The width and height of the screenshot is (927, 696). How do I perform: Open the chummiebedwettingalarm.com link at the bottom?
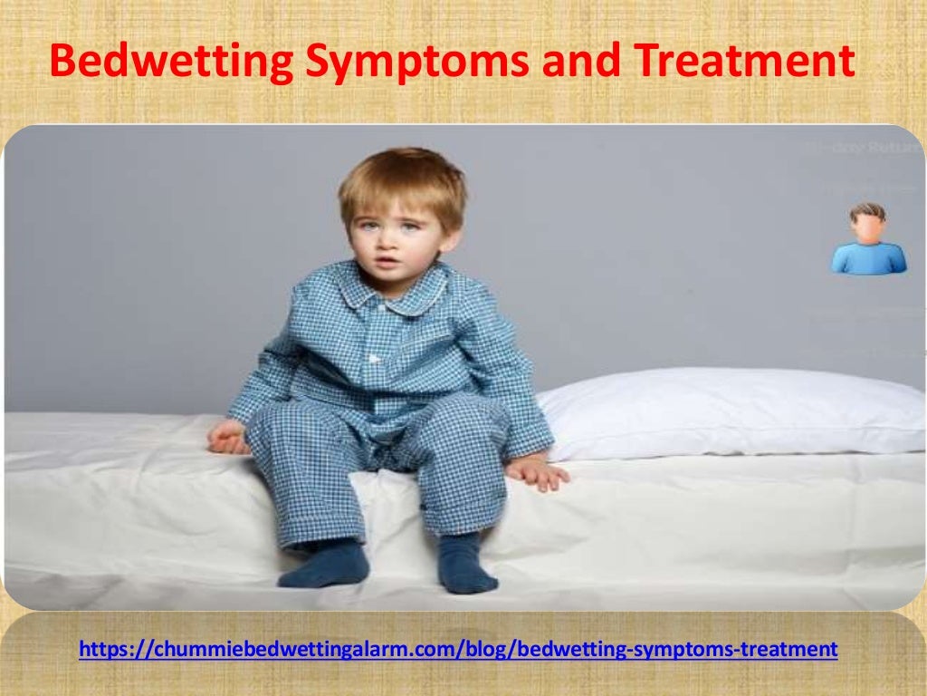tap(458, 649)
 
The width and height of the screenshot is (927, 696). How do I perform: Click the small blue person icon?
tap(868, 239)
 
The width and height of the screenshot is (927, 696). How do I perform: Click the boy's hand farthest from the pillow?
tap(228, 438)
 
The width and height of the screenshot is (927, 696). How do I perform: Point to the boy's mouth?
tap(385, 263)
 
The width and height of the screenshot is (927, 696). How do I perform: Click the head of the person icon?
tap(868, 222)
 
